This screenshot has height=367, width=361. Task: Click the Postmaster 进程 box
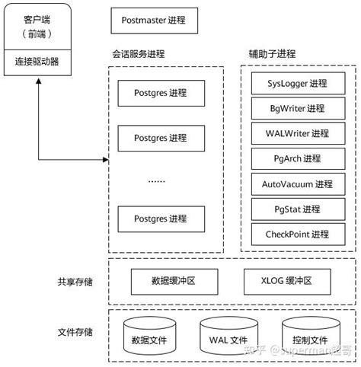click(x=158, y=21)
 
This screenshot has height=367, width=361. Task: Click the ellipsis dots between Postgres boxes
click(x=158, y=180)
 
